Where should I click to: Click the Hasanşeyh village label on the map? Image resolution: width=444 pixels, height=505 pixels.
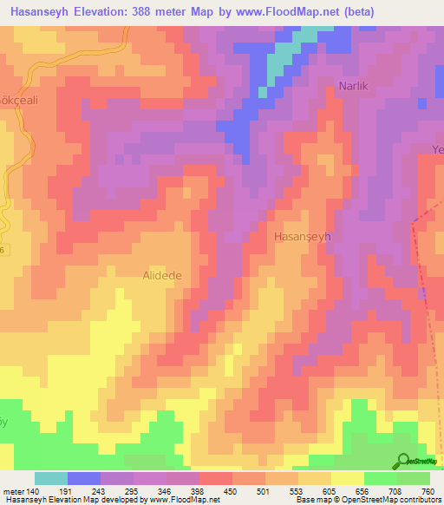point(303,236)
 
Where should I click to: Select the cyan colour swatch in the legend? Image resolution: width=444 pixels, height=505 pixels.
point(51,479)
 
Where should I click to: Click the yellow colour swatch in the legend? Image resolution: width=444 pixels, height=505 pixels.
point(348,479)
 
